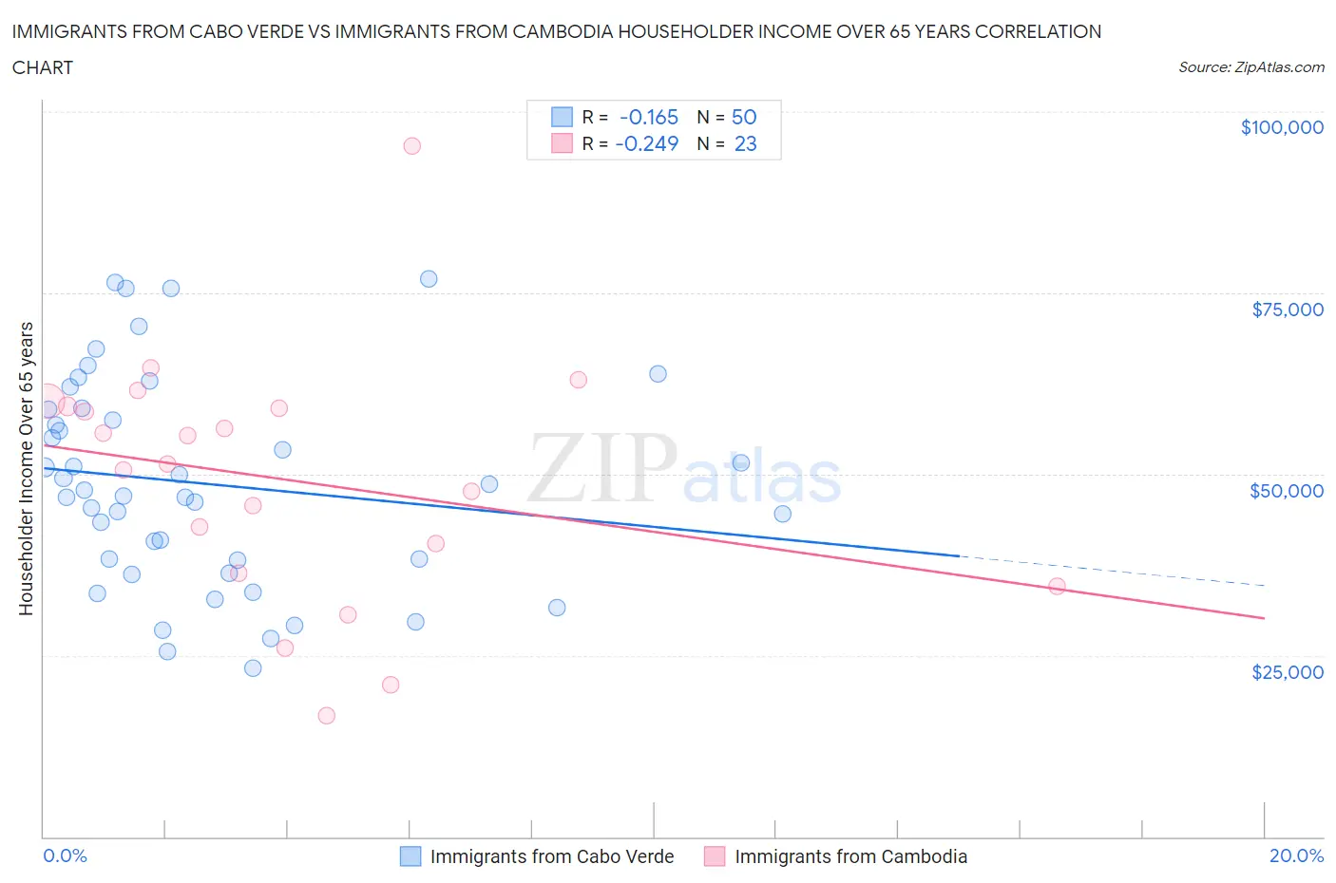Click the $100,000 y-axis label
click(1281, 127)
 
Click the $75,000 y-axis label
click(1287, 310)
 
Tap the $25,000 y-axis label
click(1287, 672)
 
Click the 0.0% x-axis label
click(65, 855)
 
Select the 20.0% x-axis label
click(1296, 855)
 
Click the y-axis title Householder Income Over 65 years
click(26, 468)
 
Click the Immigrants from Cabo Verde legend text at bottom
click(551, 856)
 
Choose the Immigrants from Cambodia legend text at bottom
click(850, 856)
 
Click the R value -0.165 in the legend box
click(648, 117)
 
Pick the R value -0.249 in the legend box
click(646, 143)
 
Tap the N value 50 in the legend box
click(743, 117)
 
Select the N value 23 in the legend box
click(745, 143)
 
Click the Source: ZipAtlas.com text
click(1250, 67)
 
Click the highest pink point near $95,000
click(411, 145)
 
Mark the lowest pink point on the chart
click(326, 715)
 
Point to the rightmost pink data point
click(1057, 586)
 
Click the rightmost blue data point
click(782, 514)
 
